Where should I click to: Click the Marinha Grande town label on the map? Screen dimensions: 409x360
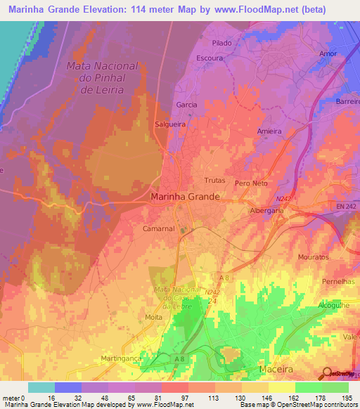pyautogui.click(x=186, y=197)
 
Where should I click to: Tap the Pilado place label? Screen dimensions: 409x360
pyautogui.click(x=221, y=43)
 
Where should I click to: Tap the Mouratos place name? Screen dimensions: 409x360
pyautogui.click(x=313, y=257)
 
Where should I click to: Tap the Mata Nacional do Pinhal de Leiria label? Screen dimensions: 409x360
pyautogui.click(x=103, y=77)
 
